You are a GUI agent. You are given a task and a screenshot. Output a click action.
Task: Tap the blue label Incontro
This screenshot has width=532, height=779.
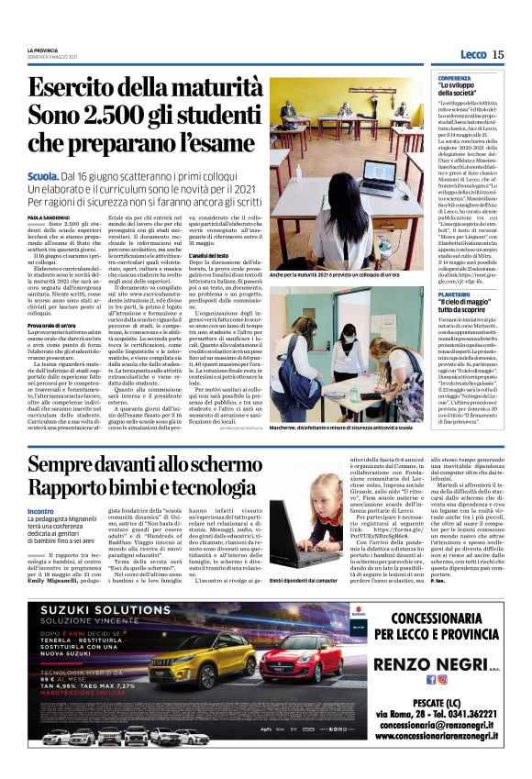40,511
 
